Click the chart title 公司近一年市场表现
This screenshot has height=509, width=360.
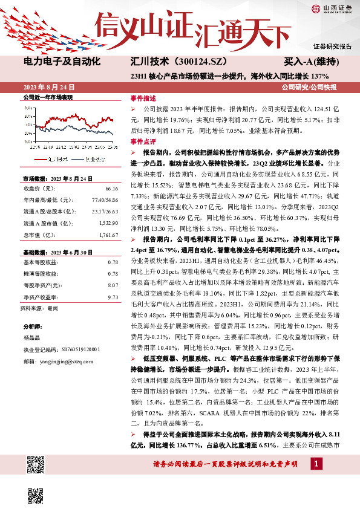click(47, 97)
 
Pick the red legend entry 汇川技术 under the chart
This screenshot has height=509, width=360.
click(57, 160)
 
